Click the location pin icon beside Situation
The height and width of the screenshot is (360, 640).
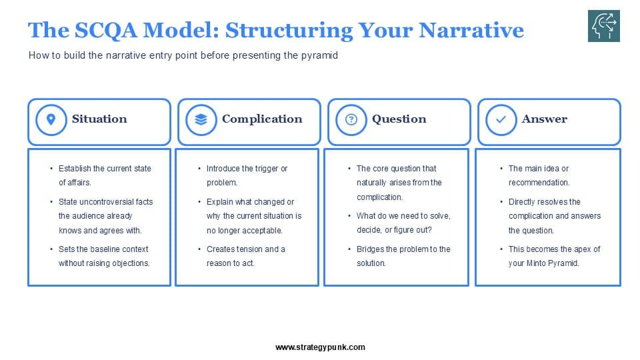pos(51,119)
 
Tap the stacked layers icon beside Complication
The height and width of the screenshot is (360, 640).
pos(201,119)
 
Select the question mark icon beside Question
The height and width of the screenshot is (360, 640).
pos(351,119)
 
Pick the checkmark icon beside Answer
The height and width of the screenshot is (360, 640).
pos(501,119)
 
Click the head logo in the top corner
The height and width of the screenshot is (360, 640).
pos(604,26)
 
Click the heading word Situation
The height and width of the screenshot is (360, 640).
pos(99,119)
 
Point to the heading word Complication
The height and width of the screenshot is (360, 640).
pos(262,119)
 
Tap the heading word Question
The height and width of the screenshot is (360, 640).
pos(399,119)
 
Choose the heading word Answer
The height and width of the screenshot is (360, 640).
pos(545,119)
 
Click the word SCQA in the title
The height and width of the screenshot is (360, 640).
pos(106,30)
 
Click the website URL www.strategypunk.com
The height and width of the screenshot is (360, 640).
pos(320,347)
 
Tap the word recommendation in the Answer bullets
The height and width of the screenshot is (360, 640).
pos(539,183)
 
